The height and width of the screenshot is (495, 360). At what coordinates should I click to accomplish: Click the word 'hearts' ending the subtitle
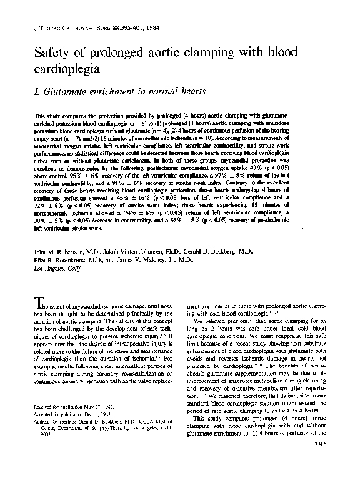(190, 91)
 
